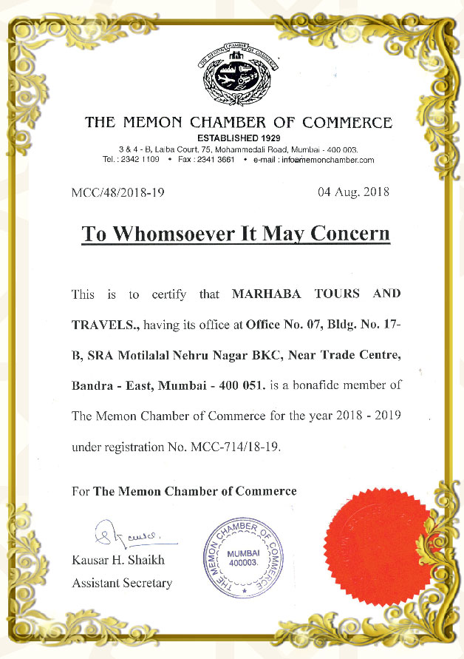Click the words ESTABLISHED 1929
pos(238,138)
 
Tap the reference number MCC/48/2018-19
pos(117,193)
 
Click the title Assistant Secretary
pos(122,583)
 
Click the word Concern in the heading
pos(349,234)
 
